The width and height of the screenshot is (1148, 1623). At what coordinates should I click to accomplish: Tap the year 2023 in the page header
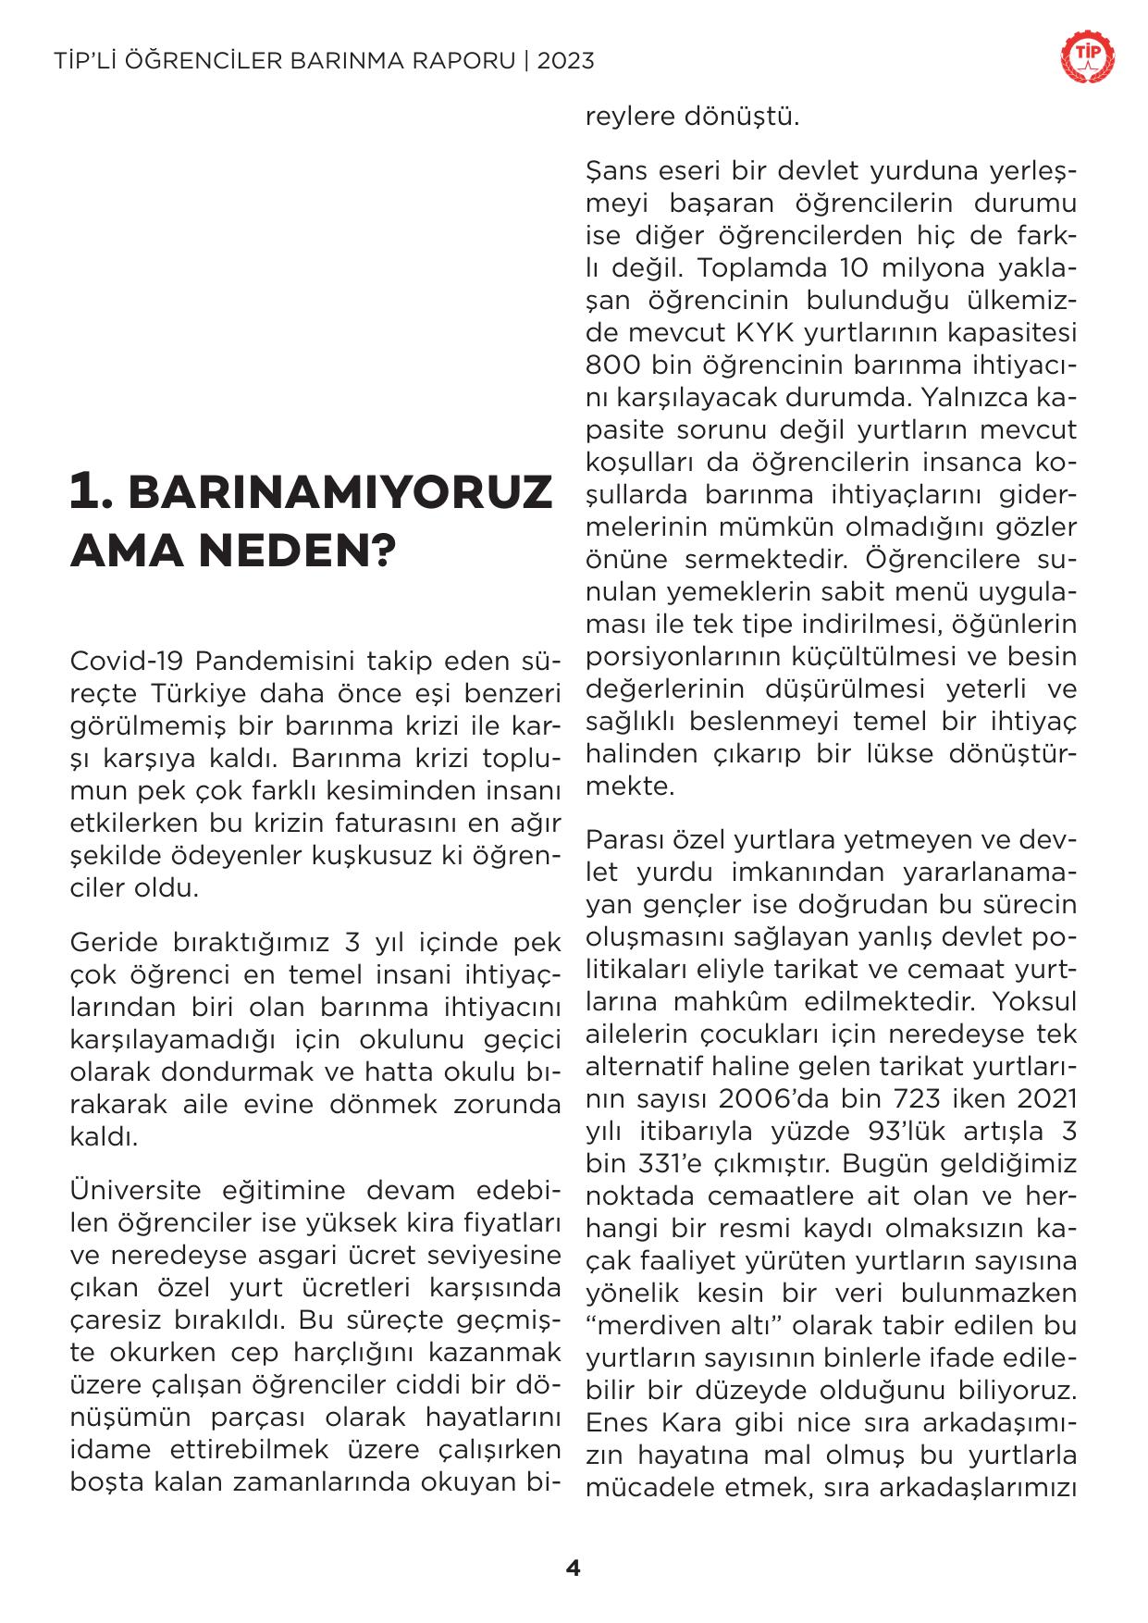pyautogui.click(x=565, y=61)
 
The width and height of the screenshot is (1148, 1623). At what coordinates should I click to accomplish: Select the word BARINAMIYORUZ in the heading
pyautogui.click(x=339, y=492)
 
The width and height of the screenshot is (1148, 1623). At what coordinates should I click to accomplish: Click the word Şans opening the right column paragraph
pyautogui.click(x=615, y=172)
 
